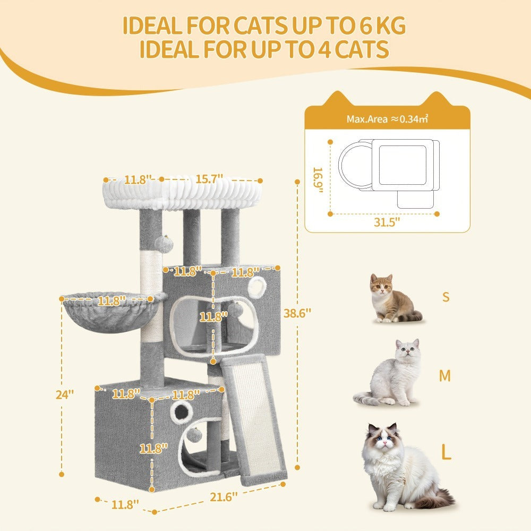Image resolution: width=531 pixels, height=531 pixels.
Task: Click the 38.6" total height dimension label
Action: point(297,313)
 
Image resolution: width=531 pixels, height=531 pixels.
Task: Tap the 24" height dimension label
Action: point(65,394)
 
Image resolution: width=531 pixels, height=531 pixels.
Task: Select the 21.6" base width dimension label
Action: point(224,497)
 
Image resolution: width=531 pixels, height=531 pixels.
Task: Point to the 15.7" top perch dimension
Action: point(209,178)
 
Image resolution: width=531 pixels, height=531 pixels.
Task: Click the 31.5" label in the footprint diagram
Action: point(387,222)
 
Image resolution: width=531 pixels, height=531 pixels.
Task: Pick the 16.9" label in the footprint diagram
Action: point(318,180)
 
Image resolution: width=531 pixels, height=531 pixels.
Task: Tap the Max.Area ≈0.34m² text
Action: point(387,119)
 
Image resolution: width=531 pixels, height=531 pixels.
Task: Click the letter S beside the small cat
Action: point(446,297)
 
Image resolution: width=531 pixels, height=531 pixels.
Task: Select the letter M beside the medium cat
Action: point(444,375)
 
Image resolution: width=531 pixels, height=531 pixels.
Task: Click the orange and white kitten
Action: point(394,298)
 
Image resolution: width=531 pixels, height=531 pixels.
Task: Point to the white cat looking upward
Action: point(389,373)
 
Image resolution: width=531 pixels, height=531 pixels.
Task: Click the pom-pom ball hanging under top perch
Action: point(164,244)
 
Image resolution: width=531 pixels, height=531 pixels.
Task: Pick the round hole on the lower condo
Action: point(182,412)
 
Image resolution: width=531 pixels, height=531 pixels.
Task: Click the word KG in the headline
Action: point(389,25)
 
